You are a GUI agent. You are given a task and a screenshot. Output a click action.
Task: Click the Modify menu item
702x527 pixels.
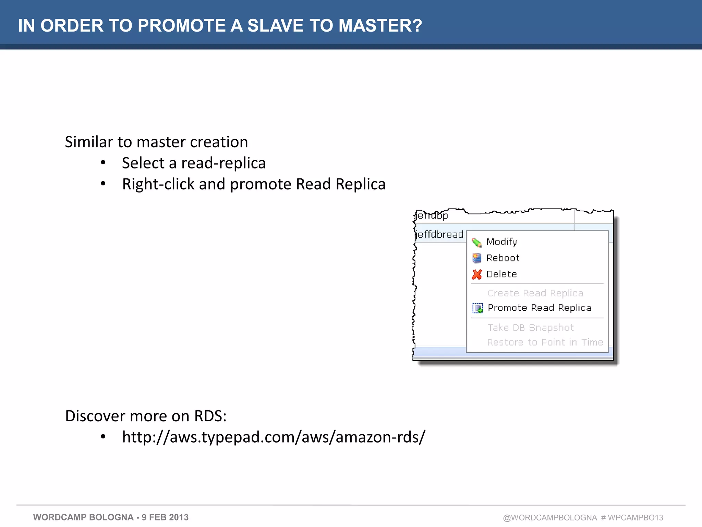(501, 242)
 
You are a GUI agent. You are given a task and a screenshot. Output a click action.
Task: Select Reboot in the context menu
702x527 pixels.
(503, 258)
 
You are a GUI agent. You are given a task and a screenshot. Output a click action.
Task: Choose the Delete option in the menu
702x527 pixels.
(501, 274)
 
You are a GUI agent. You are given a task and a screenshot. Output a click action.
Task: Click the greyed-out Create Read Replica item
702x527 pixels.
(535, 293)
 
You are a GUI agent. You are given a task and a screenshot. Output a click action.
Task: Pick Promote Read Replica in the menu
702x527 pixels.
(540, 308)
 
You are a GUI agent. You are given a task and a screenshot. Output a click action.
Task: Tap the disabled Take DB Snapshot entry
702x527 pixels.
(531, 328)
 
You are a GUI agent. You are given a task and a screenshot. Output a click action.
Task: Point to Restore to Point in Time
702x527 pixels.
(545, 342)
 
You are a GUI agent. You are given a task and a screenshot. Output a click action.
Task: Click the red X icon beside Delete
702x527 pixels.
(477, 274)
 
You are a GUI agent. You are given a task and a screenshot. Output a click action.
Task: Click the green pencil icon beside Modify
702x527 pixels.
(477, 242)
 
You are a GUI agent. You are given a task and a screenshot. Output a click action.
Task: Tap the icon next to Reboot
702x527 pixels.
(477, 258)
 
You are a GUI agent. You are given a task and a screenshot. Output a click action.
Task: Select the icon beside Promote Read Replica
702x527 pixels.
(477, 308)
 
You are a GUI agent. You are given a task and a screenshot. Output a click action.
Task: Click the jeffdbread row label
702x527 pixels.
(440, 235)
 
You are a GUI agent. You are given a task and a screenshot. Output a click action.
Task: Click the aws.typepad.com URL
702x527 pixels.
(274, 437)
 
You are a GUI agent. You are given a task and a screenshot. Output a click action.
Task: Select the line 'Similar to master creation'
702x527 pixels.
(156, 142)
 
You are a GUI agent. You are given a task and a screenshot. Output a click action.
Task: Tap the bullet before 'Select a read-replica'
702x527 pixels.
(103, 163)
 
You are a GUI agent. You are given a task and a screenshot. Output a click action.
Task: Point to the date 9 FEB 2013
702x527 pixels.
(165, 517)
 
